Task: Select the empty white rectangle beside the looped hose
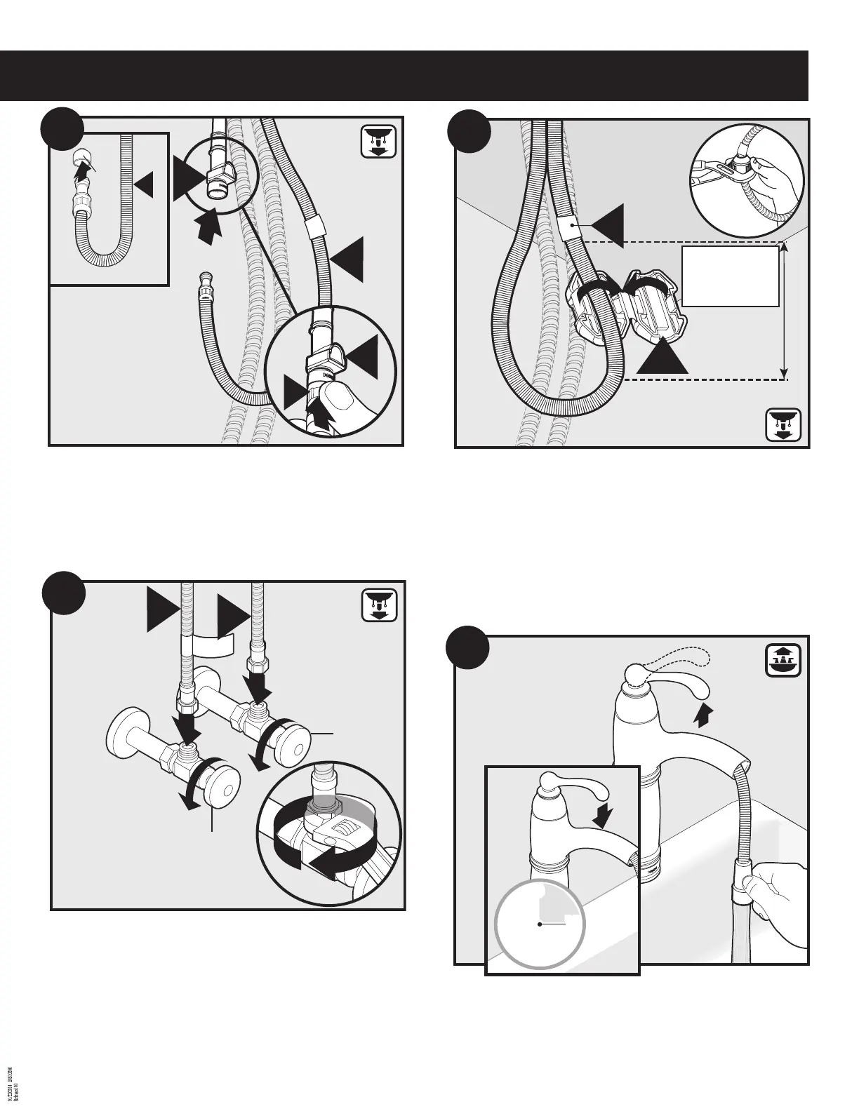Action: (731, 276)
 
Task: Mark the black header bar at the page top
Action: (404, 75)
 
